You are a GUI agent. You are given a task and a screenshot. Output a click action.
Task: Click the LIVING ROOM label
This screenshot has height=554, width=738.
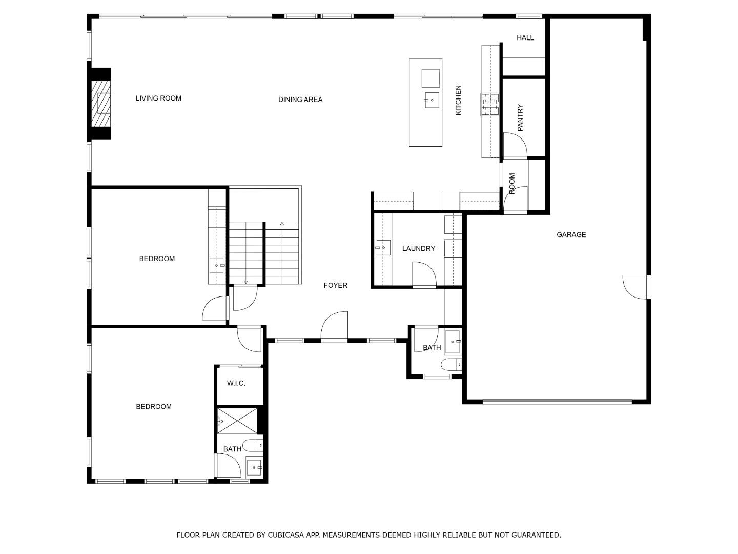tap(158, 98)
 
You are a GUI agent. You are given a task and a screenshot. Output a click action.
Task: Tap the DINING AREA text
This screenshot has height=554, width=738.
tap(300, 100)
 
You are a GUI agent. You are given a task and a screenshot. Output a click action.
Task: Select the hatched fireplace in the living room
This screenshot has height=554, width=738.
tap(101, 104)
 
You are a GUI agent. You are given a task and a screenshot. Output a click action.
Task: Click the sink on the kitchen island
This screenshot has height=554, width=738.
tap(432, 100)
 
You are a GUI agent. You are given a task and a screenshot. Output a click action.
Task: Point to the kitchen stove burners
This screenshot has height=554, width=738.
tap(489, 105)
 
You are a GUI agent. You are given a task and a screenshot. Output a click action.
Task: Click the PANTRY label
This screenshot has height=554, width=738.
tap(520, 118)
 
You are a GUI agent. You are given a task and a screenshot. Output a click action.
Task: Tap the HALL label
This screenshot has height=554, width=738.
tap(525, 38)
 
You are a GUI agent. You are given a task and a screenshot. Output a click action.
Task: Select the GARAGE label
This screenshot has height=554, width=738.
tap(571, 235)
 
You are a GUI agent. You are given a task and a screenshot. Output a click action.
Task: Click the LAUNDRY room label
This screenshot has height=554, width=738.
tap(418, 249)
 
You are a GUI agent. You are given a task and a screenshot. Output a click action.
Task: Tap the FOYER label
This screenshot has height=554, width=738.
tap(335, 286)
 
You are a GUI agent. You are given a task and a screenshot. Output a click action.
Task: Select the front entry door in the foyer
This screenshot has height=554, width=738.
tap(335, 327)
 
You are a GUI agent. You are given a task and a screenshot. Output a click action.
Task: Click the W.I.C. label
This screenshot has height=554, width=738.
tap(236, 384)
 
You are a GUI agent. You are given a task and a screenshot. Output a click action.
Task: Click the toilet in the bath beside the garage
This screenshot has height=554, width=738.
tap(451, 365)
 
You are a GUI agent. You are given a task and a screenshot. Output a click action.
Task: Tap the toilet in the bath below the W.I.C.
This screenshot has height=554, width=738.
tap(253, 445)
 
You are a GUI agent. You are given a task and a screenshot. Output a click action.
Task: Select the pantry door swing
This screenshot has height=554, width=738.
tap(515, 146)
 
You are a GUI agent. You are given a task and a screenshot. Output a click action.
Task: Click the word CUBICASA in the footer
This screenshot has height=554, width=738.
tap(285, 535)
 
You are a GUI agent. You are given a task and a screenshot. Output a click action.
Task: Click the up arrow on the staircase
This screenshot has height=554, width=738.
tap(282, 224)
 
